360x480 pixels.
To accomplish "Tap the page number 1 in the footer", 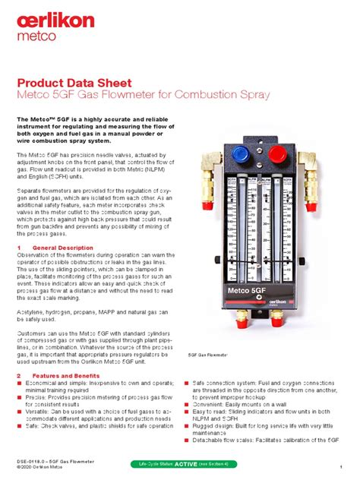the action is (x=342, y=466).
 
